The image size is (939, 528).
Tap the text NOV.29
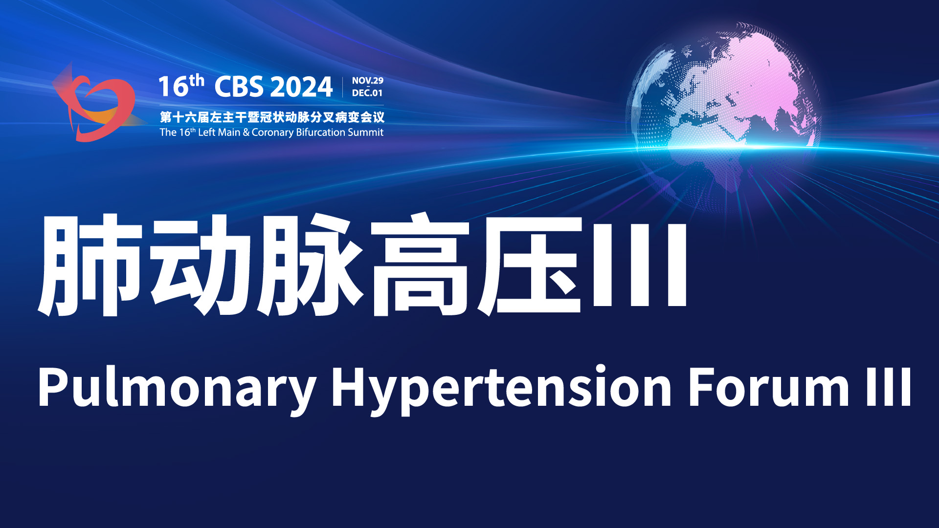(x=368, y=81)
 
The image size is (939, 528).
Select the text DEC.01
(x=367, y=93)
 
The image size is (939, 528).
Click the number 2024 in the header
(x=301, y=87)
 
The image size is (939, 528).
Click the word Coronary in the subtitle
(x=272, y=132)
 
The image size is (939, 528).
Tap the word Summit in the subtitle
(x=365, y=132)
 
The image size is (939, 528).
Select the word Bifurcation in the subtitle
(x=321, y=132)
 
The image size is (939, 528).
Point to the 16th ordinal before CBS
(x=181, y=86)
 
